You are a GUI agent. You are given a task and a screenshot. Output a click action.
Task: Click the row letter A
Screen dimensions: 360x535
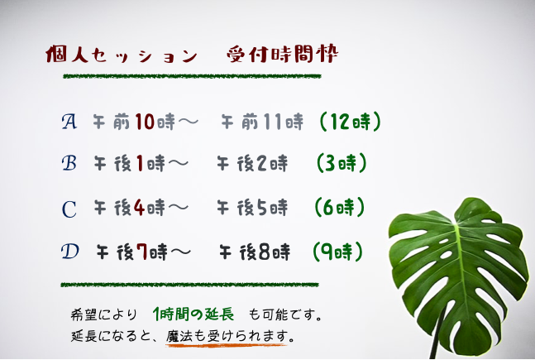pyautogui.click(x=69, y=122)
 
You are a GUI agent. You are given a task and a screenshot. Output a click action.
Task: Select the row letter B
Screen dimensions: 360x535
pyautogui.click(x=69, y=163)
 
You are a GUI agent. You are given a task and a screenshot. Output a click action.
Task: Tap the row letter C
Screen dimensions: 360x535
pyautogui.click(x=69, y=208)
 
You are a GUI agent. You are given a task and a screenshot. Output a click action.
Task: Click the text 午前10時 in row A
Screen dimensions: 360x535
pyautogui.click(x=135, y=122)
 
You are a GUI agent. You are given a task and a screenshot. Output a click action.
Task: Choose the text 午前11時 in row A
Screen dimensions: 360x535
pyautogui.click(x=262, y=122)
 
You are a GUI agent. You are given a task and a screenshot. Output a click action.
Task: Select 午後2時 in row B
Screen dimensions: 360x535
pyautogui.click(x=252, y=164)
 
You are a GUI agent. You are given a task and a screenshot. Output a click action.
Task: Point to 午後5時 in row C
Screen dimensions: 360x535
pyautogui.click(x=252, y=208)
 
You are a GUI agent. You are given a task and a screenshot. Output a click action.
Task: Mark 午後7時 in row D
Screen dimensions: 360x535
pyautogui.click(x=133, y=250)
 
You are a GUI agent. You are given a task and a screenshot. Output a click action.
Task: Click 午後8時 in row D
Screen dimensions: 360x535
pyautogui.click(x=256, y=250)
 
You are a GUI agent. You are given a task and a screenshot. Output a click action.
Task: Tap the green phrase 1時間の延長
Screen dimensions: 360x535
pyautogui.click(x=193, y=315)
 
